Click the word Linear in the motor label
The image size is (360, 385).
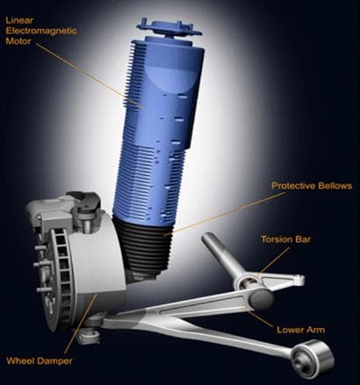click(19, 20)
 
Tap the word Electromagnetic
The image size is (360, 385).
click(41, 31)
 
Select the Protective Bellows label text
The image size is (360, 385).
click(312, 186)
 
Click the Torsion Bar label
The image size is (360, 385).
click(285, 239)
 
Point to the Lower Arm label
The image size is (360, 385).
click(301, 330)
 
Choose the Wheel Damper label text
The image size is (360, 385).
click(40, 360)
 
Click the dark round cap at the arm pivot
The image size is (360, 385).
click(261, 299)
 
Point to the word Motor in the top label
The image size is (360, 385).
click(18, 41)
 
